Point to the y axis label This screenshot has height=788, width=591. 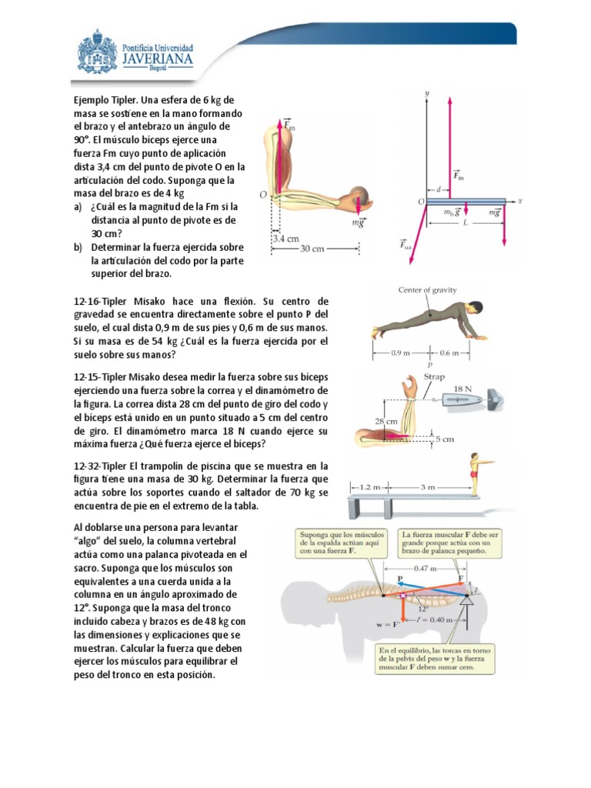pyautogui.click(x=426, y=94)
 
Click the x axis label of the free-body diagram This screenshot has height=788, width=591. pyautogui.click(x=519, y=201)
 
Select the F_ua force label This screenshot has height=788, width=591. pyautogui.click(x=405, y=246)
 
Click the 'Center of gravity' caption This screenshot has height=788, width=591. pyautogui.click(x=427, y=290)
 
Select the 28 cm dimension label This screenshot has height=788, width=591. pyautogui.click(x=387, y=422)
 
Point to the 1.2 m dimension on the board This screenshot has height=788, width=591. pyautogui.click(x=369, y=486)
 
